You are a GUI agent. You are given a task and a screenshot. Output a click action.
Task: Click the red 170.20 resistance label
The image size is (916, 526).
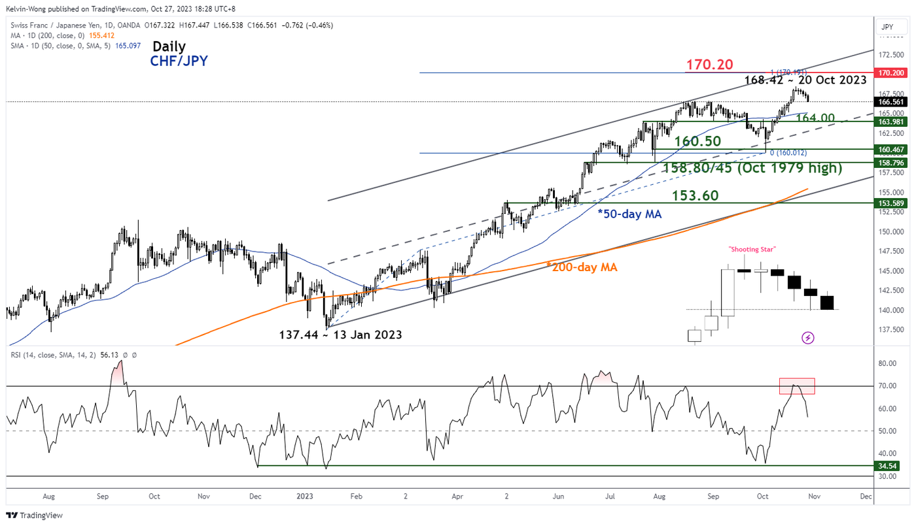(710, 65)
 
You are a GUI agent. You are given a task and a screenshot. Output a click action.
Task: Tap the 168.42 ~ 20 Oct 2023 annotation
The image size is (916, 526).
(805, 80)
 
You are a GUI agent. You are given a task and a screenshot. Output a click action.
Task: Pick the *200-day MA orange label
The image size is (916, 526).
(581, 267)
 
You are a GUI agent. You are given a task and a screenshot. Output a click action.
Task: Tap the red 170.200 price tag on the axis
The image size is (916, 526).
(890, 73)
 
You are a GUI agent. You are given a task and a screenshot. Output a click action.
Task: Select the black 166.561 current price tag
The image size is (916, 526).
(890, 102)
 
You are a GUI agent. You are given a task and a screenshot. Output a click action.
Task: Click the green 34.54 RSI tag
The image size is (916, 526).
(890, 466)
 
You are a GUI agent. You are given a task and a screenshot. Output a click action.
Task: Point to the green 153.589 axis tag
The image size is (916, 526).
(890, 203)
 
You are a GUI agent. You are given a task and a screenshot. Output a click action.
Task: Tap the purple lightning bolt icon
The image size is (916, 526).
(807, 338)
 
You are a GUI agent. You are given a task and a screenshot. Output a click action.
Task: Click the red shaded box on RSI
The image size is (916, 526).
(797, 386)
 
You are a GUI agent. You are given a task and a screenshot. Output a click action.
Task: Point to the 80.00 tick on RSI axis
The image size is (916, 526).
(887, 363)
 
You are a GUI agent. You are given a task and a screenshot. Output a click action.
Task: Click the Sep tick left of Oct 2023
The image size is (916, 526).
(713, 497)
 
